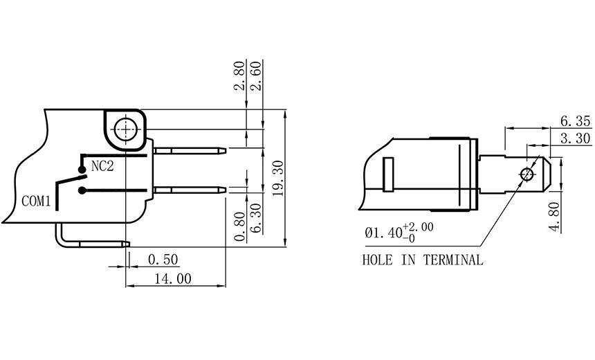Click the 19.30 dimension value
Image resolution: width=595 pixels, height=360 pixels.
click(277, 177)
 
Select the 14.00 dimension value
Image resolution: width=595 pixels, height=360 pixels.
click(174, 278)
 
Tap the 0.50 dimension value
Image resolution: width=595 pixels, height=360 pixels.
click(164, 260)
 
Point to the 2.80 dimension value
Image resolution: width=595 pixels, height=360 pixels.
click(239, 77)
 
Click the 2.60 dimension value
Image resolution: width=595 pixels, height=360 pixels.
click(255, 77)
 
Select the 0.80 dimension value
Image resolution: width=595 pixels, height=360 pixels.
click(239, 226)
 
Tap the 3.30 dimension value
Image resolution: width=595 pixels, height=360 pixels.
click(575, 138)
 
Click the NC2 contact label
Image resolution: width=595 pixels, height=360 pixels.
click(103, 167)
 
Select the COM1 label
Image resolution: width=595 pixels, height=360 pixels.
click(37, 201)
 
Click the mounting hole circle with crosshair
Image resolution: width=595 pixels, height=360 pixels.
click(126, 129)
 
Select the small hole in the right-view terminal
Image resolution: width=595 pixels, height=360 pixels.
click(527, 173)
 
